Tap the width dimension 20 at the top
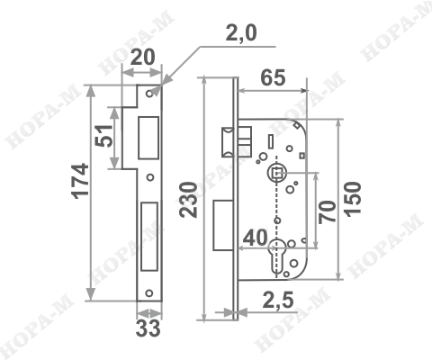140,58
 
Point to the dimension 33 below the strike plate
148,328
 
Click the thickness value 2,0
240,33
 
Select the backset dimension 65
273,77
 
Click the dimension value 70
328,211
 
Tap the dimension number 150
353,198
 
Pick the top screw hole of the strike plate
150,94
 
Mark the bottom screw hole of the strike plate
149,292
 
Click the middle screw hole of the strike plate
150,176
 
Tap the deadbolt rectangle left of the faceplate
220,225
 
